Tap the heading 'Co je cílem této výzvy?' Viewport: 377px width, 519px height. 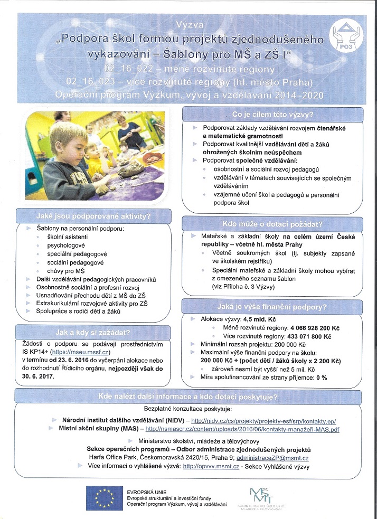pyautogui.click(x=272, y=115)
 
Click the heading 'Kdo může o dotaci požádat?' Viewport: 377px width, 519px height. pyautogui.click(x=272, y=223)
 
